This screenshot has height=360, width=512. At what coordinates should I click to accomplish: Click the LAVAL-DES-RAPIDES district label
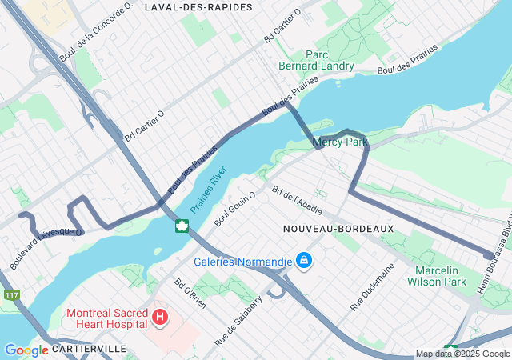[x=198, y=7]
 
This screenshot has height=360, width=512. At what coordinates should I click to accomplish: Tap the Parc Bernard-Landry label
[x=316, y=60]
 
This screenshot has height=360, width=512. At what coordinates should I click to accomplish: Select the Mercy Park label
[x=340, y=142]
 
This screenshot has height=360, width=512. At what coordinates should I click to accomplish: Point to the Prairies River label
[x=209, y=190]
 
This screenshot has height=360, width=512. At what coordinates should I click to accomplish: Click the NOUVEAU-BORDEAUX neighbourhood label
[x=338, y=229]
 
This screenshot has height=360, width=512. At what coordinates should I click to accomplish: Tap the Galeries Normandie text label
[x=242, y=262]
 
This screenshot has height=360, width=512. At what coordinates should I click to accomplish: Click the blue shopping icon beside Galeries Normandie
[x=304, y=261]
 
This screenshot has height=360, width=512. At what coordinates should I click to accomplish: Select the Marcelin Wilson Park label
[x=441, y=276]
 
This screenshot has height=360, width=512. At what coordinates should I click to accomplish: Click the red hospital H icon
[x=160, y=318]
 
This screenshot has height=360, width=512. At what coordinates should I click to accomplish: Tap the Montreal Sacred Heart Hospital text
[x=106, y=318]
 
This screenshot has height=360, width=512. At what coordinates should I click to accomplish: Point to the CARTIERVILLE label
[x=90, y=350]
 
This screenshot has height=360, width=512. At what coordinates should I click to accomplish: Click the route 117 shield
[x=10, y=295]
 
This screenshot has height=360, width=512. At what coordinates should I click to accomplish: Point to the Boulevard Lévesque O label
[x=46, y=242]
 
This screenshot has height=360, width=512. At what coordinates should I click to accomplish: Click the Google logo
[x=26, y=350]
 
